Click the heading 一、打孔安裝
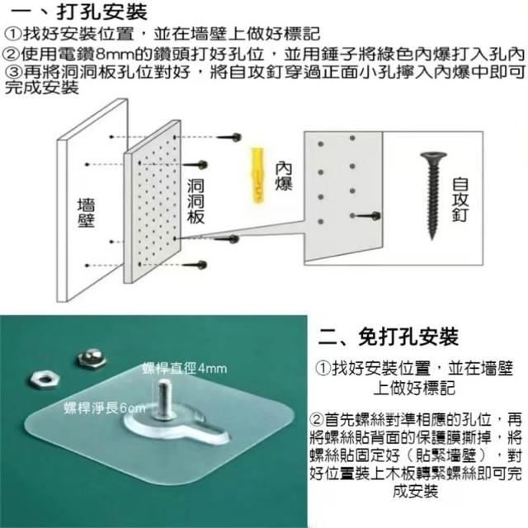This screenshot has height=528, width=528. (x=79, y=12)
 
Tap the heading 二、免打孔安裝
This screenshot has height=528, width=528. (x=388, y=337)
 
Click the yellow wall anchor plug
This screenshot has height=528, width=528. (x=257, y=175)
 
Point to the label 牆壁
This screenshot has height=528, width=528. (x=86, y=213)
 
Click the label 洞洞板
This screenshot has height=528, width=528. (x=196, y=201)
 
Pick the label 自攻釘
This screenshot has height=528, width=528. (x=460, y=200)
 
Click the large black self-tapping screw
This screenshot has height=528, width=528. (x=432, y=196)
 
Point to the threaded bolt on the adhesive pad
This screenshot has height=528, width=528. (x=164, y=399)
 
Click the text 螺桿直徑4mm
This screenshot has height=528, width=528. (x=184, y=369)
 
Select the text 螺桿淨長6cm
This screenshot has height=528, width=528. (x=105, y=408)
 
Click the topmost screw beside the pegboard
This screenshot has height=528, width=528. (x=229, y=137)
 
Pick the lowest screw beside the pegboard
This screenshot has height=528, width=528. (x=195, y=265)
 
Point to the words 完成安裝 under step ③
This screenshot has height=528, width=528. (x=42, y=88)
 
